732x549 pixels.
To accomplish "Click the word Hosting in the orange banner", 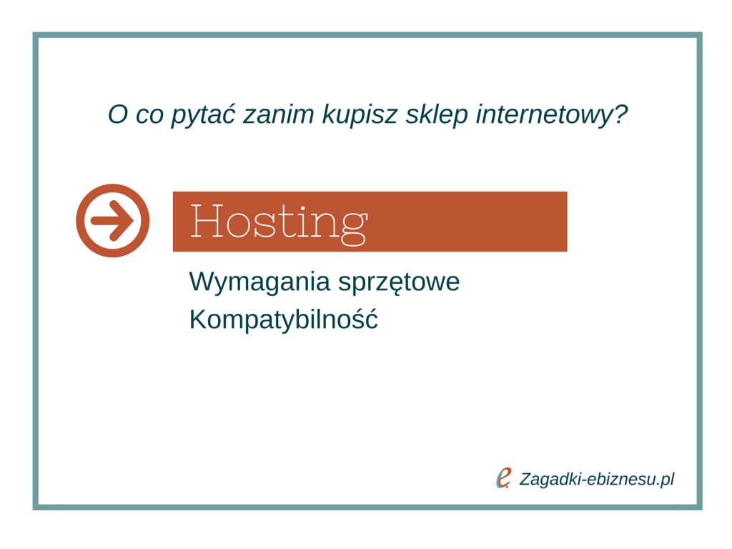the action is [x=279, y=223].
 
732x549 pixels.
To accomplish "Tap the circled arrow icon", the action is [x=112, y=220].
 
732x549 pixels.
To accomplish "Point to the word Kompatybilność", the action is [x=283, y=320].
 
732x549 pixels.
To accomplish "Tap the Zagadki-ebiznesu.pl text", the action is [x=597, y=480].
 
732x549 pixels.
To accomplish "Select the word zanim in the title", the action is [x=279, y=114].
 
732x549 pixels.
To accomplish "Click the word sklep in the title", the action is [x=437, y=115].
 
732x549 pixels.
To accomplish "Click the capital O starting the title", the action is [x=118, y=114].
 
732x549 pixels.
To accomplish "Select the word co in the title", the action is [x=149, y=117].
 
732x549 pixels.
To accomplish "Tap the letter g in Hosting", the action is [x=355, y=228].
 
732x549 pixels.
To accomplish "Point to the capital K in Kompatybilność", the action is [x=198, y=320].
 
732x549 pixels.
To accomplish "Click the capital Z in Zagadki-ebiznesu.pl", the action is [x=525, y=479].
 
